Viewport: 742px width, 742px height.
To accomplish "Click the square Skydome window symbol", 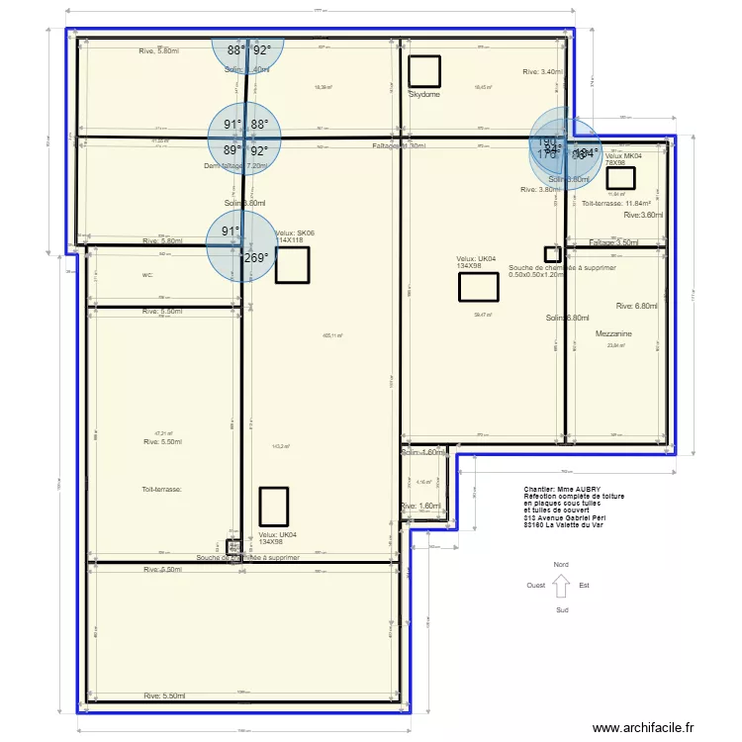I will pos(424,71).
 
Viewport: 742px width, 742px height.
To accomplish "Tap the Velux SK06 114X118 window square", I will pos(292,265).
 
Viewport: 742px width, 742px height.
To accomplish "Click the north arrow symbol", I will pos(561,587).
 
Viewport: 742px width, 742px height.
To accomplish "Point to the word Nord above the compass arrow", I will pos(561,564).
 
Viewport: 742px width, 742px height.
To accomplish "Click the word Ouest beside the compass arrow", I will pos(536,586).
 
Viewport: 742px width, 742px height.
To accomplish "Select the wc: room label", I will pos(147,275).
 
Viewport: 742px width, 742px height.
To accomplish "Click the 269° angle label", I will pos(255,257).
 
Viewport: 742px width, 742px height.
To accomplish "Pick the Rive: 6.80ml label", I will pos(637,307).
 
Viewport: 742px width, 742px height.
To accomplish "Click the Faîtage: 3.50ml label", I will pos(614,242).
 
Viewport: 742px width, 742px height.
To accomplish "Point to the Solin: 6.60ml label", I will pos(567,318).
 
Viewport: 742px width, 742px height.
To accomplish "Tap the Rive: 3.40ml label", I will pos(542,71).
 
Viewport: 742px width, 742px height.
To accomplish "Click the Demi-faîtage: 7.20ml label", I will pos(235,166).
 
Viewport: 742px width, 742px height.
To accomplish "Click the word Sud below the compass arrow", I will pos(562,609).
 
